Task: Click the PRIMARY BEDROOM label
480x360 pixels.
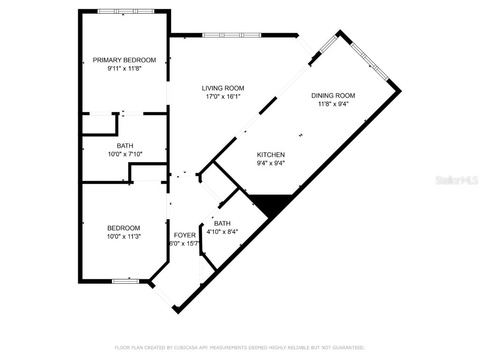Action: click(124, 60)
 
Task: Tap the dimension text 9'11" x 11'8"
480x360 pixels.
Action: click(124, 68)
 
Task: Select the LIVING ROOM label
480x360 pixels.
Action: click(223, 88)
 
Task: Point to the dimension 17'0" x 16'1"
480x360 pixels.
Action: click(223, 97)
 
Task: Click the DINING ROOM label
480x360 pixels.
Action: click(333, 96)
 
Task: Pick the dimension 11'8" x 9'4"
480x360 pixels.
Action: click(333, 104)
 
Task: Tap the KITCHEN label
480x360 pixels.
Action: click(270, 155)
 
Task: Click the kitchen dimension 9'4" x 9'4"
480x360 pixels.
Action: click(270, 163)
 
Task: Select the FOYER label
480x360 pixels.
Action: click(185, 235)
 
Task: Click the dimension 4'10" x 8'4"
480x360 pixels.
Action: click(223, 232)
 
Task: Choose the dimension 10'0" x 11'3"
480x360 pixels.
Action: click(124, 237)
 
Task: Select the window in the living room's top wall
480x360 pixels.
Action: click(232, 35)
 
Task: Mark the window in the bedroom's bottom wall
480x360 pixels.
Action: click(126, 281)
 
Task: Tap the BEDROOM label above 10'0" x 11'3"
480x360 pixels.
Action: click(124, 228)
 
